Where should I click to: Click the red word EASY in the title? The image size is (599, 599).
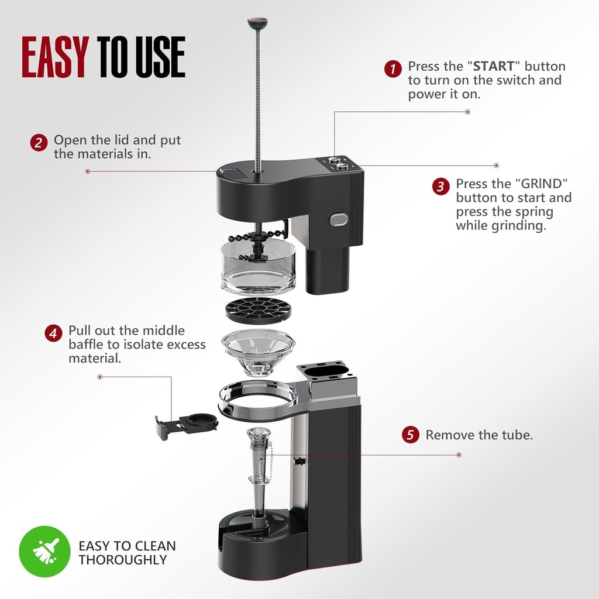(55, 57)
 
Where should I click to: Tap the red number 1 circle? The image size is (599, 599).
(393, 69)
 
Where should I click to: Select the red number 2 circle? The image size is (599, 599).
(39, 143)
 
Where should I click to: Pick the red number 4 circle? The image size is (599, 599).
(53, 333)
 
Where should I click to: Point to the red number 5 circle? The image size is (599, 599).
(411, 435)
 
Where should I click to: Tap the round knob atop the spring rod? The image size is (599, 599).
(258, 24)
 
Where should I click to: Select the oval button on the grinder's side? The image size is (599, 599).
(339, 219)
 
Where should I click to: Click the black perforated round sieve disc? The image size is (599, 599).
(258, 310)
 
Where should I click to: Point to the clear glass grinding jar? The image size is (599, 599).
(258, 270)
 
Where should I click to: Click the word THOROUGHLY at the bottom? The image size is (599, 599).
(123, 560)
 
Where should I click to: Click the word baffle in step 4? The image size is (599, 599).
(85, 345)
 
